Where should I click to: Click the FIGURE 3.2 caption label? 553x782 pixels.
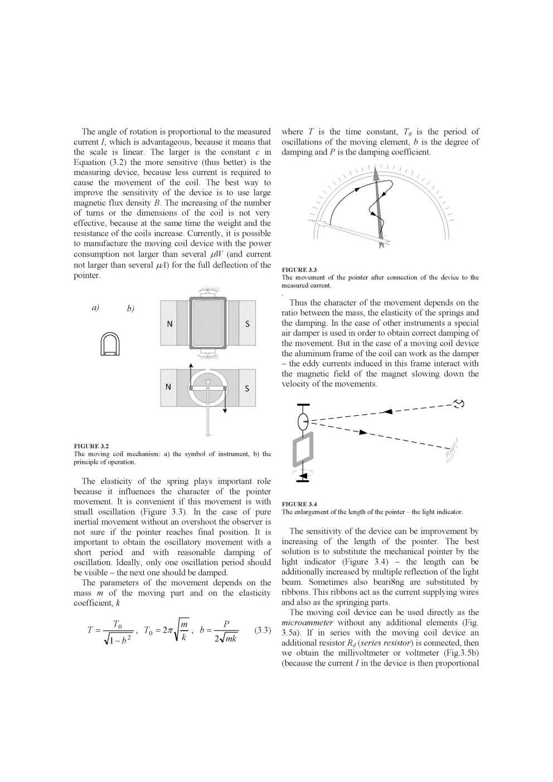point(91,446)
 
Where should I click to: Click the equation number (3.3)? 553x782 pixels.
point(262,630)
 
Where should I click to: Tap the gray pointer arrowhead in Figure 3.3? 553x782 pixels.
point(376,173)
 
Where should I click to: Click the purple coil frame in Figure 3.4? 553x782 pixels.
point(302,450)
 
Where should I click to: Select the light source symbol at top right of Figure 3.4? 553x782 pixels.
point(460,404)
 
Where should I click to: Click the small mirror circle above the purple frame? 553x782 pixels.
point(303,422)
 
